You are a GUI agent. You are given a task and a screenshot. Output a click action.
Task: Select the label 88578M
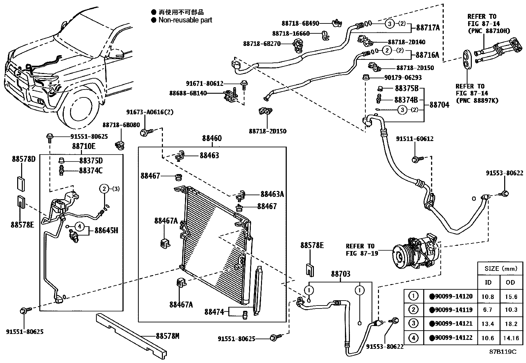(167, 336)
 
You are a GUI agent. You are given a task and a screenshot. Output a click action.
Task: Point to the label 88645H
(106, 230)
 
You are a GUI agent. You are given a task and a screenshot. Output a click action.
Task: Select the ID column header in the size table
(488, 282)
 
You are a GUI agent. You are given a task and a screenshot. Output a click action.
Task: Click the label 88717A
(428, 28)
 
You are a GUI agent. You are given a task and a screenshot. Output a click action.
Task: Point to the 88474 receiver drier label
(214, 311)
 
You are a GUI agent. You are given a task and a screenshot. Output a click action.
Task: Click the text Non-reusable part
(185, 20)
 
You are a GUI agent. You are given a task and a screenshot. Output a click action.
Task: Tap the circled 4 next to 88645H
(79, 227)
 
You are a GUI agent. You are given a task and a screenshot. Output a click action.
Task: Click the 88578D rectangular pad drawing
(21, 184)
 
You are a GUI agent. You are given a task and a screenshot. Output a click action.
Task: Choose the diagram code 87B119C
(503, 352)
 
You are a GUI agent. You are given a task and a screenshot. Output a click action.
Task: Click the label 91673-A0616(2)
(150, 112)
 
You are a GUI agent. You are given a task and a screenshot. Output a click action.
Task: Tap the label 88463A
(272, 194)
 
